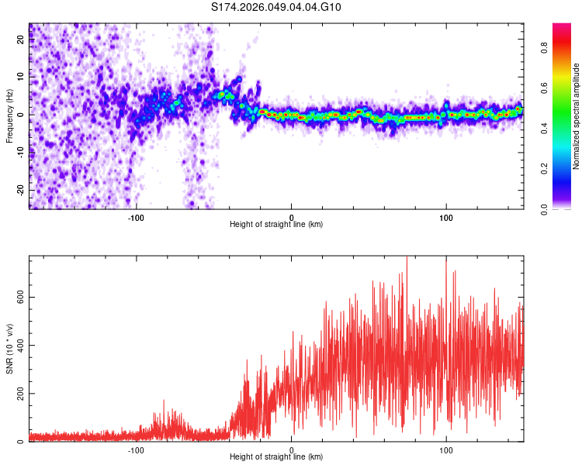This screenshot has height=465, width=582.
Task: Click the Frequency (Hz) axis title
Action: [x=9, y=116]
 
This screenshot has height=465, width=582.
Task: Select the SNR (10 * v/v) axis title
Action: [x=9, y=349]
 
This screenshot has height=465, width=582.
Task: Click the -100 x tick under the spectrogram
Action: [x=137, y=217]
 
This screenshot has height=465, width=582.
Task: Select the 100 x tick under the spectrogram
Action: [x=445, y=217]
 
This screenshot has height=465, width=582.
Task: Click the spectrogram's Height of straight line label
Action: [x=276, y=225]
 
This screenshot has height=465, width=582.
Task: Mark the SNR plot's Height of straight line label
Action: [x=276, y=457]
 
